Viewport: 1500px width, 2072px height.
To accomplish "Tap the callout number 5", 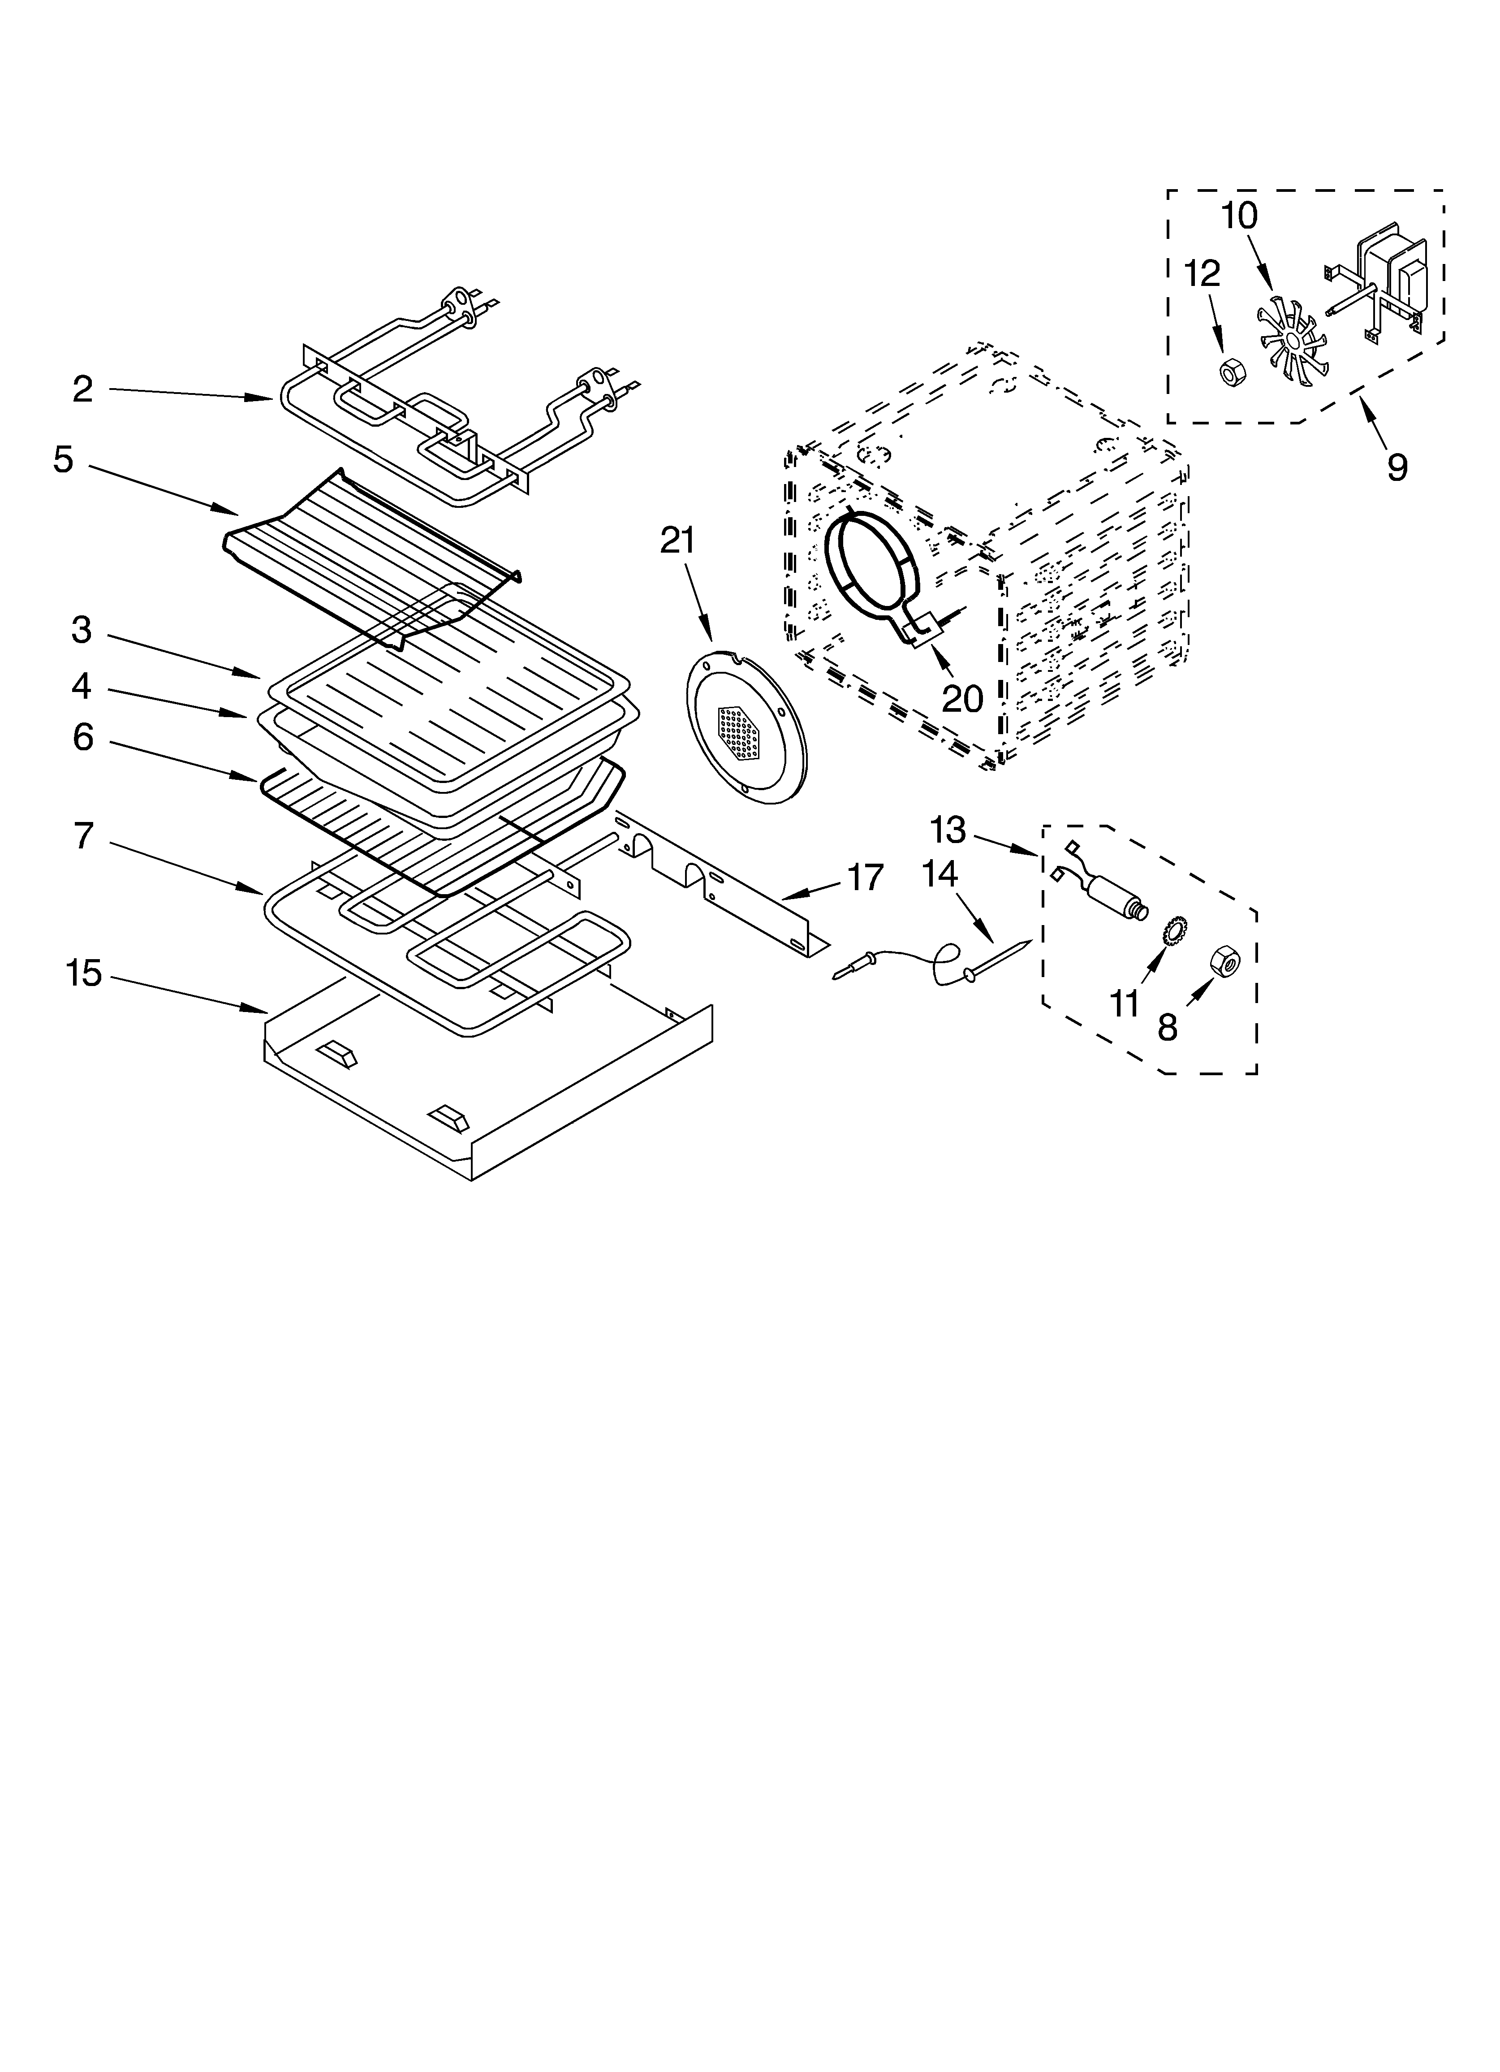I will click(x=63, y=459).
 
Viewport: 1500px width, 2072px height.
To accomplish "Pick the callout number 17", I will click(x=865, y=877).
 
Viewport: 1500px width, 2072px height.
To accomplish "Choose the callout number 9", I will click(x=1397, y=467).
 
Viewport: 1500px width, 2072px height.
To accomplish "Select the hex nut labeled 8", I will click(x=1224, y=961).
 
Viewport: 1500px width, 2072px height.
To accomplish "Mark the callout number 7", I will click(x=83, y=836).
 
